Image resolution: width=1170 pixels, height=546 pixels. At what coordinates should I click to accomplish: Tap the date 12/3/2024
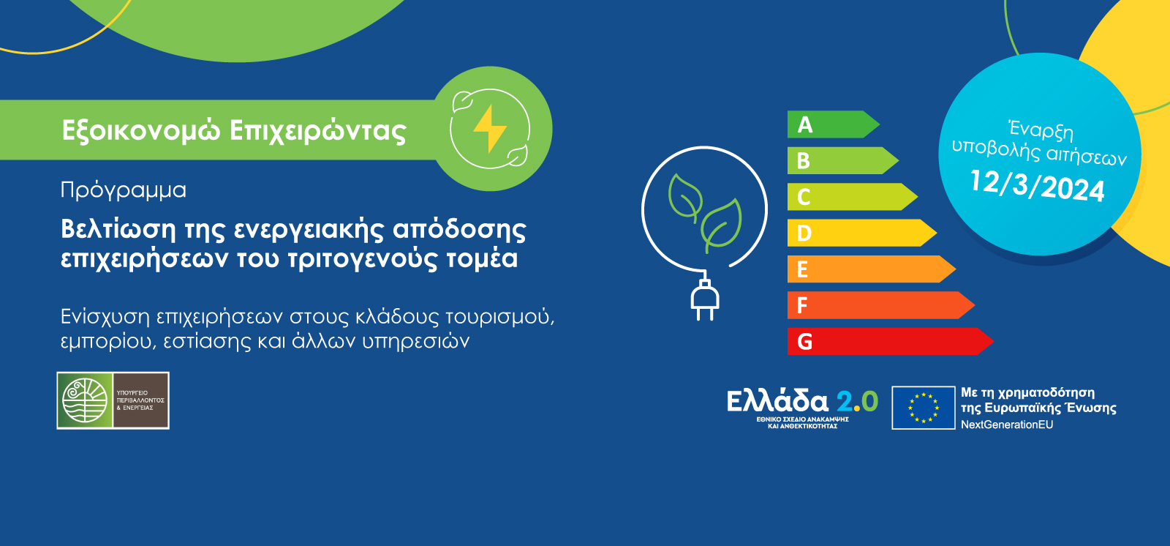tap(1037, 186)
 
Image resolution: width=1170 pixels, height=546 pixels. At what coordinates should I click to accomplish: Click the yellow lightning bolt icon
tap(489, 129)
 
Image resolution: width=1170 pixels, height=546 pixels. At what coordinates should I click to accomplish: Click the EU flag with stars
tap(923, 408)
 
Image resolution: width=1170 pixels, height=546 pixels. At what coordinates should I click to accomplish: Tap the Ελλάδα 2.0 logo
tap(802, 407)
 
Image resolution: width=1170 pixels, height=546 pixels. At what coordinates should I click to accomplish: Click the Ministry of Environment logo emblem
tap(85, 400)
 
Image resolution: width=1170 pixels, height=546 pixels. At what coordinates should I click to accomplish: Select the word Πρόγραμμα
tap(123, 190)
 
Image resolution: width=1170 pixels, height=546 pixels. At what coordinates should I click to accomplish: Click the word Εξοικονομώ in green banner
tap(140, 130)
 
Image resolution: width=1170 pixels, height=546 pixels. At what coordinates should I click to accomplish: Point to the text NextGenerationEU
tap(1006, 425)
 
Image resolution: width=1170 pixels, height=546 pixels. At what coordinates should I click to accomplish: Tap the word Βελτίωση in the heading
tap(118, 229)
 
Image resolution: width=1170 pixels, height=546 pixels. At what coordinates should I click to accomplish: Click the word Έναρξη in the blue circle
tap(1041, 130)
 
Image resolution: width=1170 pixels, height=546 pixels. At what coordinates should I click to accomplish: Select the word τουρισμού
tap(499, 317)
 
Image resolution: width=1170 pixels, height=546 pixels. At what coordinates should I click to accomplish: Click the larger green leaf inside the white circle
tap(722, 223)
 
